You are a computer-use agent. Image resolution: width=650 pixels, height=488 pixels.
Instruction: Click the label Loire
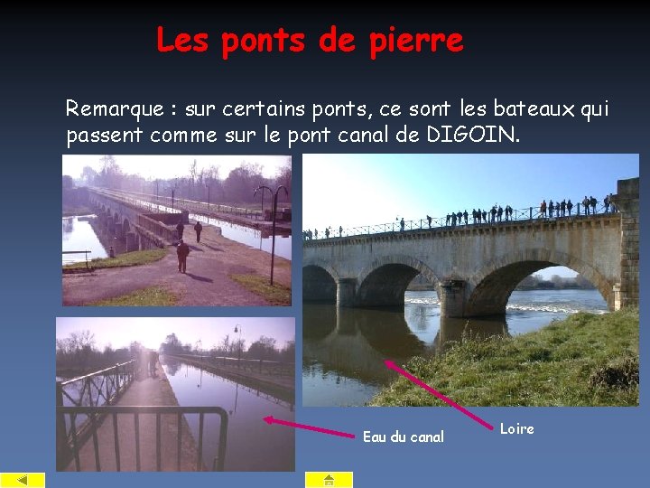pos(517,429)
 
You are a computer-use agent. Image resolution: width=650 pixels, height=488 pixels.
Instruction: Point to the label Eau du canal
pos(404,437)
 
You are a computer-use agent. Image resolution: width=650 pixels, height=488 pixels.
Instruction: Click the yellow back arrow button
pos(23,480)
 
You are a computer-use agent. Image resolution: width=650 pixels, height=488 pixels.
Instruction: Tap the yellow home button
pos(328,480)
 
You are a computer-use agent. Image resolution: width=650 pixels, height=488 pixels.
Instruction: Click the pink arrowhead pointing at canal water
pos(268,418)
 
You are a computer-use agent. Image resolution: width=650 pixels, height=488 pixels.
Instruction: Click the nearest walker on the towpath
pos(182,256)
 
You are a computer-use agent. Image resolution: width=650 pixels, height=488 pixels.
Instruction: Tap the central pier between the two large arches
pos(451,298)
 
